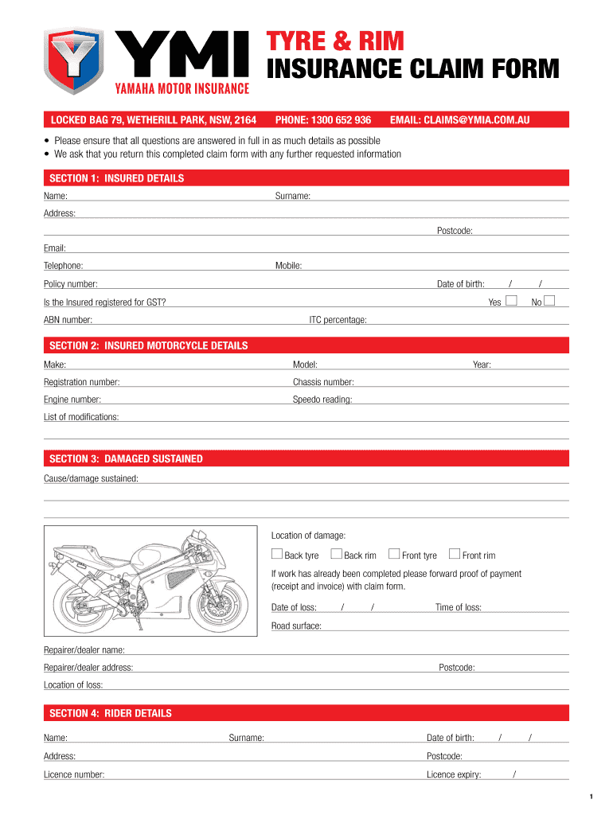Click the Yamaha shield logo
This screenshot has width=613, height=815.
tap(73, 60)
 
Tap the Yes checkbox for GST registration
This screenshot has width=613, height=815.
tap(512, 300)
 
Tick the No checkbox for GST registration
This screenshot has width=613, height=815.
tap(549, 300)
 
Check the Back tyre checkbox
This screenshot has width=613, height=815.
tap(276, 554)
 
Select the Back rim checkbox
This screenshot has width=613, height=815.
tap(336, 554)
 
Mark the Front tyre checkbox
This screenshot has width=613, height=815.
tap(394, 554)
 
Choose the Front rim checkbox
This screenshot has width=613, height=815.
tap(455, 554)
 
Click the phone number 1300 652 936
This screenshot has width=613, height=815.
tap(322, 120)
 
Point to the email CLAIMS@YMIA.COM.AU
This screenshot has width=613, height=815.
tap(459, 120)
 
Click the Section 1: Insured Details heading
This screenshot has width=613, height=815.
tap(116, 178)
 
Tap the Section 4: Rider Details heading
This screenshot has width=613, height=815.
tap(110, 713)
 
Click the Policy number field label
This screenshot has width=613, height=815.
tap(71, 284)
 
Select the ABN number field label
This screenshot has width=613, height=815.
tap(68, 320)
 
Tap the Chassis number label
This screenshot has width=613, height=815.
tap(323, 382)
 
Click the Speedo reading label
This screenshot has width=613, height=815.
tap(322, 400)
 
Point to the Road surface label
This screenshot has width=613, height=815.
tap(296, 626)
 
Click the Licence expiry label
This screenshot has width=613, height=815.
tap(454, 774)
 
